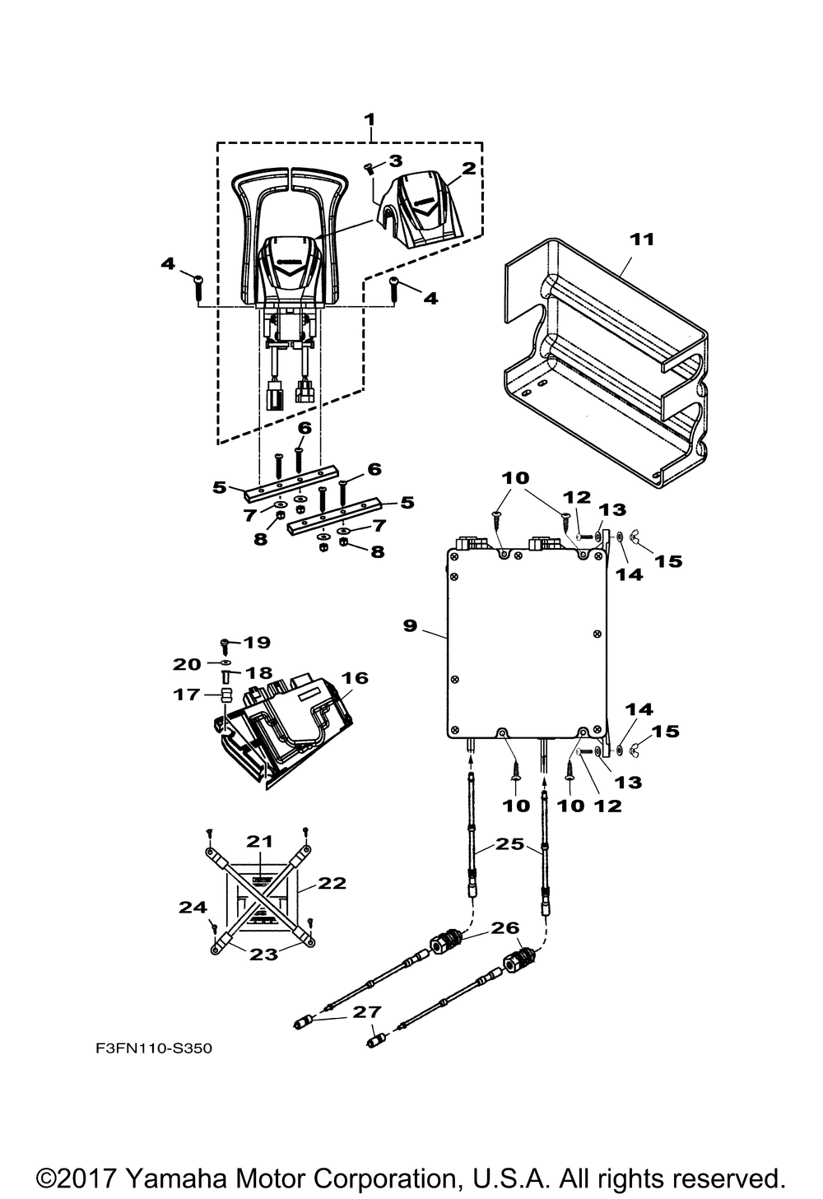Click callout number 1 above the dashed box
370,120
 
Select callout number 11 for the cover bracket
642,239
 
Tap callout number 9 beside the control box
410,625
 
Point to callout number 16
355,677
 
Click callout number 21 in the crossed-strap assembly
260,841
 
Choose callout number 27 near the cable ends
367,1011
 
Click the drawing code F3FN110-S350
154,1048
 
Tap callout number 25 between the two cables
509,843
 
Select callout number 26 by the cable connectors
504,927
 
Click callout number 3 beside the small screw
395,160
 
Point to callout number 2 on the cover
468,169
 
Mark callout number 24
193,907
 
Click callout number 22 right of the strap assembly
332,883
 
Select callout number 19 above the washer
257,642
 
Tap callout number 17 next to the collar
186,695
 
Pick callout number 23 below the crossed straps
264,954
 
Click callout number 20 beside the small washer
187,664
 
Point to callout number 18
259,672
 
